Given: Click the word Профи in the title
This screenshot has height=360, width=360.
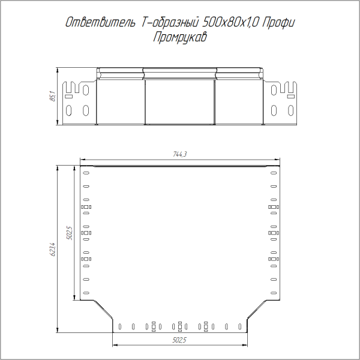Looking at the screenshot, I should coord(279,23).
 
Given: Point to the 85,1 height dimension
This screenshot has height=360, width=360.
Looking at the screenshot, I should coord(52,96).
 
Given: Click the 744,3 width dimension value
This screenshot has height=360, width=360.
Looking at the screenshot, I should coord(181,155).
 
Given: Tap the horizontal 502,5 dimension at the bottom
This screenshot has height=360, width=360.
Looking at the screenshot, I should coord(180,340).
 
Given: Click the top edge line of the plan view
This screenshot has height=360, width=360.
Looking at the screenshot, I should coord(180,165).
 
